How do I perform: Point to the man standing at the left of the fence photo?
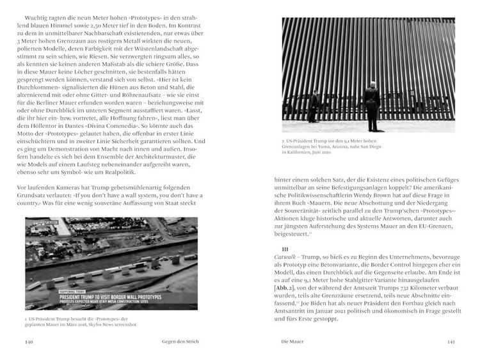(x=314, y=106)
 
